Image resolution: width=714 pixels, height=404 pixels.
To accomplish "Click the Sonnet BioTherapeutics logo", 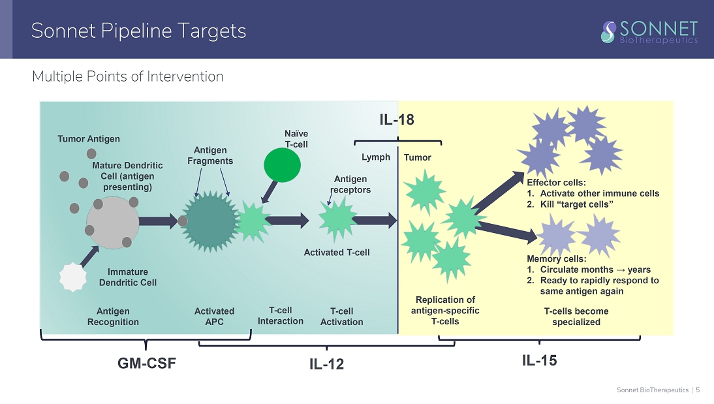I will point(649,31).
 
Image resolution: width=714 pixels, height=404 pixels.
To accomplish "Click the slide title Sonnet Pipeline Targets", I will point(138,31).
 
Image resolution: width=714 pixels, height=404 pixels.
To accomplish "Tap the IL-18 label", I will point(397,119).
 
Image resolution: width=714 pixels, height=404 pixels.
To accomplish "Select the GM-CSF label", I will point(146,364).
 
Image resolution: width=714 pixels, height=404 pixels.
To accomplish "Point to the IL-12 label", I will point(326,365).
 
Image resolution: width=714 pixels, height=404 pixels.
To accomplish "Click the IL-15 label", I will point(539,360).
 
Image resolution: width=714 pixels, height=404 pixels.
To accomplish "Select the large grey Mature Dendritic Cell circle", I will point(113,222).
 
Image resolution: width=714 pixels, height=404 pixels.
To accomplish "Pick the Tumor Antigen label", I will point(89,138).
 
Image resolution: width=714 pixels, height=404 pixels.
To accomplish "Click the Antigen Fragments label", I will point(210,155).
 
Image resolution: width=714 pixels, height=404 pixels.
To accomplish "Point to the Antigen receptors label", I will point(352,184).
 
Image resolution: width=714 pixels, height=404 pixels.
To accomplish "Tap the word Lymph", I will point(376,157).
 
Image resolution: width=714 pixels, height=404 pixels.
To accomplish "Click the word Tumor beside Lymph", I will point(418,157).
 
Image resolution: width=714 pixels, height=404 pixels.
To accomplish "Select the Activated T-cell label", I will point(337,253).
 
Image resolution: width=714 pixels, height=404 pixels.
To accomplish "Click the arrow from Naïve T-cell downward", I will point(267,193).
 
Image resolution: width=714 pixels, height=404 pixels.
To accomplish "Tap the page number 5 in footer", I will point(698,390).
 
